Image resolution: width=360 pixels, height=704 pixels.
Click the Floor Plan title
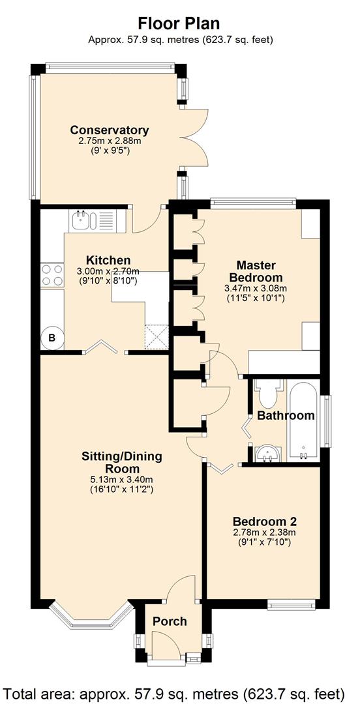[x=179, y=23]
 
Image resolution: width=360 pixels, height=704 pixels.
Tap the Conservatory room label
[x=109, y=130]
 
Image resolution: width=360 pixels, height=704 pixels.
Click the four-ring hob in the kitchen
[x=52, y=275]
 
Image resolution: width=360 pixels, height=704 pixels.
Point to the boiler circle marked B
[x=52, y=338]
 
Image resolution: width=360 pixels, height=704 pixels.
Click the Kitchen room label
[x=108, y=260]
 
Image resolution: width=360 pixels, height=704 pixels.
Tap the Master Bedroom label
[x=256, y=271]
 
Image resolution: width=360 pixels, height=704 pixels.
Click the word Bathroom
[x=286, y=415]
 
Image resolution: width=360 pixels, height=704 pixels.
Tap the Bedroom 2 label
[x=264, y=521]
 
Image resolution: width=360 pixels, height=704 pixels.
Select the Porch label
[x=170, y=621]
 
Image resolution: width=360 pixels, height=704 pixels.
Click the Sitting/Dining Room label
[x=122, y=462]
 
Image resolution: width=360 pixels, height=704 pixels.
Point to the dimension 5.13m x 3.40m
[x=121, y=480]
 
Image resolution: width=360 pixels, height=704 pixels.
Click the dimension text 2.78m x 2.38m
[x=264, y=533]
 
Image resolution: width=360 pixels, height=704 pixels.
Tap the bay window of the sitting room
[x=90, y=616]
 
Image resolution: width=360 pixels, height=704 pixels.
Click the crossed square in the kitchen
[x=157, y=337]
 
